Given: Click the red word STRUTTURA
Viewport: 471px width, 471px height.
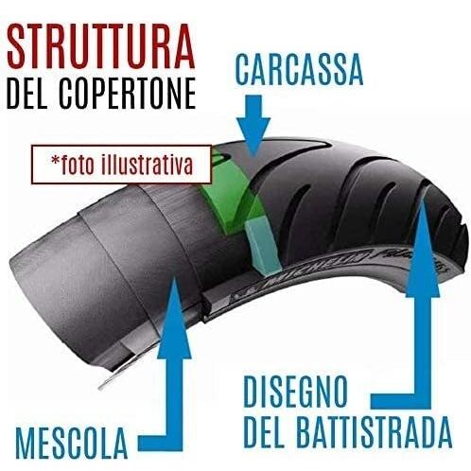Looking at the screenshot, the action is coord(101,46).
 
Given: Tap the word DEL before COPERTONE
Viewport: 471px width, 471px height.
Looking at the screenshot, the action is coord(26,94).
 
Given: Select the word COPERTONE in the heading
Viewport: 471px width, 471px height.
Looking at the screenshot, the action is coord(127,94).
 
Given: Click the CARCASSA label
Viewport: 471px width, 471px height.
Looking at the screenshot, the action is coord(299,69).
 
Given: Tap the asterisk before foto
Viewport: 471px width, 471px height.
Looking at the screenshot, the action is coord(56,160).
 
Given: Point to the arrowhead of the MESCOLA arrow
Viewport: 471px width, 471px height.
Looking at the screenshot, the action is coord(174,319).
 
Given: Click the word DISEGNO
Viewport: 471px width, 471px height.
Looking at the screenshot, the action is coord(295,392).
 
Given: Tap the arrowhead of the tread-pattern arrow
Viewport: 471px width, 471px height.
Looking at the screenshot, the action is coord(423,249).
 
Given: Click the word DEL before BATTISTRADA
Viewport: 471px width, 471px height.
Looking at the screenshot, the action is coord(264,432).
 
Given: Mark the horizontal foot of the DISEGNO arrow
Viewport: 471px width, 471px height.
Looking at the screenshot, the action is coord(401,401).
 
